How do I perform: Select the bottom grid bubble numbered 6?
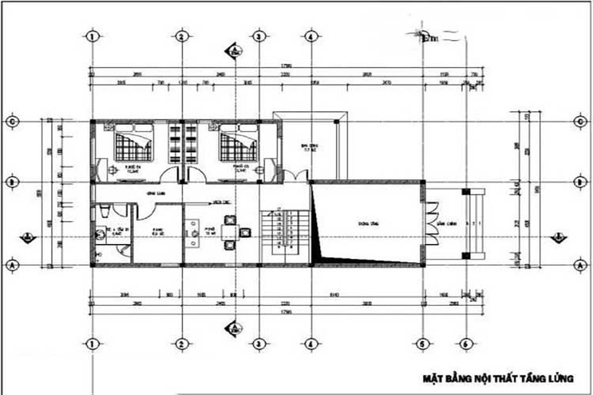click(x=464, y=344)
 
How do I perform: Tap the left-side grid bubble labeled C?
click(x=11, y=121)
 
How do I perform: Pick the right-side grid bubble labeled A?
click(x=579, y=264)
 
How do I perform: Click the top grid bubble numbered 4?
click(x=311, y=36)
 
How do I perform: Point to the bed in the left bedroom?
click(x=133, y=145)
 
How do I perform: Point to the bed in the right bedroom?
click(x=237, y=145)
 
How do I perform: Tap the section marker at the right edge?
click(x=557, y=236)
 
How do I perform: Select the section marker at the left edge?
click(x=25, y=237)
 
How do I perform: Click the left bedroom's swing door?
click(x=169, y=173)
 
